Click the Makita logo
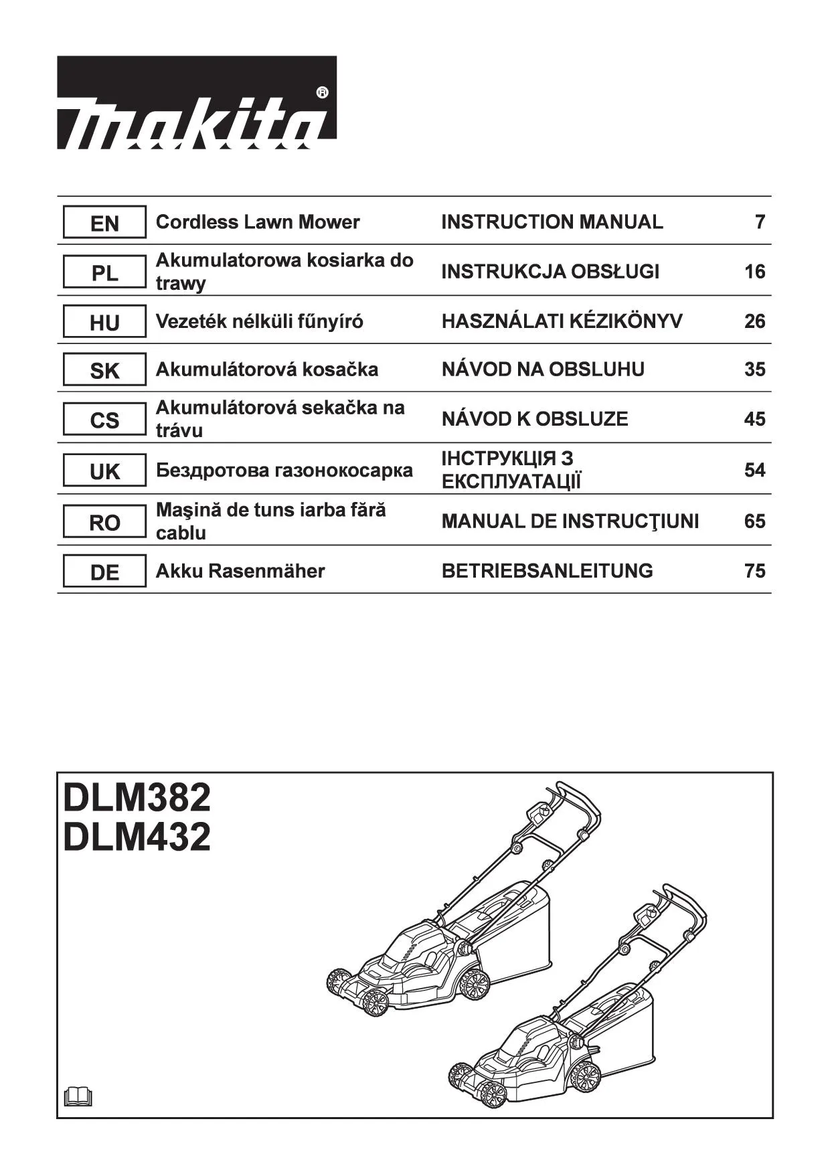196,102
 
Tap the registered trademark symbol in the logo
321,92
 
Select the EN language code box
104,222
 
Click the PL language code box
104,272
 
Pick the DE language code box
104,572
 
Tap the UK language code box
104,471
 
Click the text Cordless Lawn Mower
258,222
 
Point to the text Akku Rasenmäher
240,571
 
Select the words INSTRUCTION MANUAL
552,222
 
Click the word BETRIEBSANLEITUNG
547,571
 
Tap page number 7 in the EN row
760,222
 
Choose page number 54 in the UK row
754,471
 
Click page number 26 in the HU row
754,321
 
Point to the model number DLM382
137,797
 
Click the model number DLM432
137,837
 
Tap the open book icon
78,1097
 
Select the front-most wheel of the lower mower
493,1094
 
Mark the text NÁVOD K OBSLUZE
535,419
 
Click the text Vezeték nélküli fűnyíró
260,321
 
